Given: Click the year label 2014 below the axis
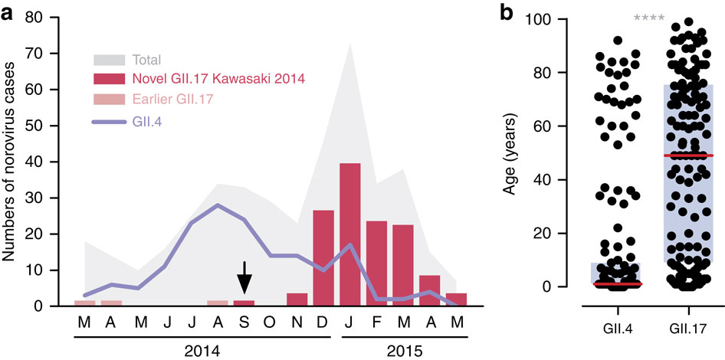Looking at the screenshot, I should [204, 350].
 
